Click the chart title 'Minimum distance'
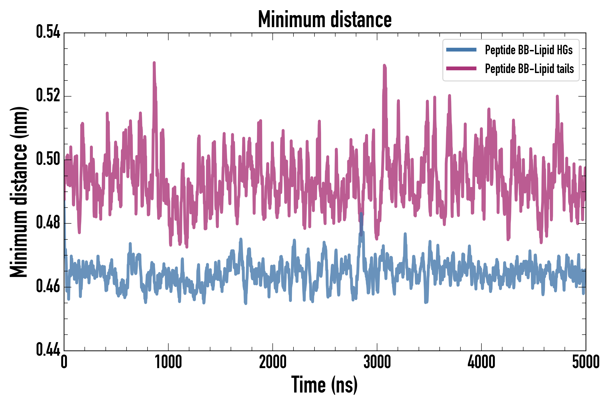click(325, 19)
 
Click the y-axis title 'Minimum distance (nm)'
click(19, 192)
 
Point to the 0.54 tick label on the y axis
click(48, 32)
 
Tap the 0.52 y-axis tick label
click(48, 95)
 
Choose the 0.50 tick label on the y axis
click(48, 159)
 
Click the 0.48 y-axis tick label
click(48, 222)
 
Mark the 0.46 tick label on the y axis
click(48, 286)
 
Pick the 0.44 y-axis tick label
click(48, 349)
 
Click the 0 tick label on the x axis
click(64, 362)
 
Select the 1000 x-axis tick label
click(168, 362)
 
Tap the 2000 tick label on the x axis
click(273, 362)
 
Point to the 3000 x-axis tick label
click(377, 362)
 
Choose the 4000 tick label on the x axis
click(481, 362)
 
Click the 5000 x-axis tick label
click(586, 362)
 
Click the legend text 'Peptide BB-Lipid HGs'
click(529, 50)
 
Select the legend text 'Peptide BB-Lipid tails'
click(529, 69)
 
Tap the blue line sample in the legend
click(461, 50)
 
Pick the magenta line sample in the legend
click(461, 69)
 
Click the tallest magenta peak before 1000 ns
click(154, 63)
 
